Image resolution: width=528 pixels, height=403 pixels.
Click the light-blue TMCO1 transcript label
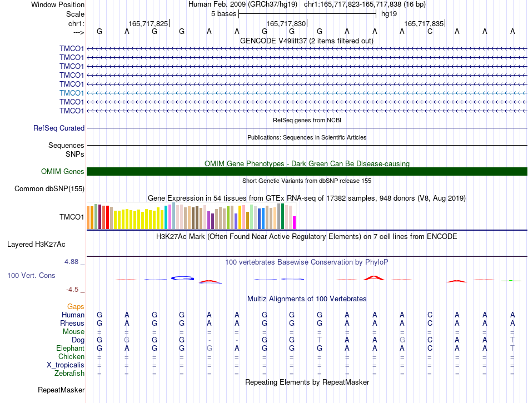[x=71, y=93]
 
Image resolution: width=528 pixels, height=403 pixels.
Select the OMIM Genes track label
[x=62, y=171]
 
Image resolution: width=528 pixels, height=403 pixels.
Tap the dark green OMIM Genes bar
[x=307, y=171]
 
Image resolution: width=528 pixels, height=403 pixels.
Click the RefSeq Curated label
[x=58, y=128]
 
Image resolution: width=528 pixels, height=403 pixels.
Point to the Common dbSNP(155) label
[x=49, y=188]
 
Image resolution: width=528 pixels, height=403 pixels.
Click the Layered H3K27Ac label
[x=36, y=245]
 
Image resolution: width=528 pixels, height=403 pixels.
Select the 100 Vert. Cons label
[x=31, y=275]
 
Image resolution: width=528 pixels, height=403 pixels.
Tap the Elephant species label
[x=70, y=348]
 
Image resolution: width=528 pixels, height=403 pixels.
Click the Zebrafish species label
[x=69, y=373]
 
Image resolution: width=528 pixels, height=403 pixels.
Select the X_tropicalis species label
[x=66, y=365]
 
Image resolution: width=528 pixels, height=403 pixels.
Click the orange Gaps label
[x=76, y=306]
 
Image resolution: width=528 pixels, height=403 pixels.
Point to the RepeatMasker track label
[x=61, y=390]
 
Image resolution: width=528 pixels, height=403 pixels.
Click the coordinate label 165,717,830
[x=286, y=23]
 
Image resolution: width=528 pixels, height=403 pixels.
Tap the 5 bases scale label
[x=223, y=14]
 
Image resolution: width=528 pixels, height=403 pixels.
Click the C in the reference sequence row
[x=430, y=31]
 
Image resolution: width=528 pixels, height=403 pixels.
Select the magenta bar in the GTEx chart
[x=294, y=222]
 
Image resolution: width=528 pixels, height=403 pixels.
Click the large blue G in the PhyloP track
[x=182, y=278]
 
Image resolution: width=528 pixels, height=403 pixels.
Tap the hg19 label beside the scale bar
[x=389, y=14]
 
